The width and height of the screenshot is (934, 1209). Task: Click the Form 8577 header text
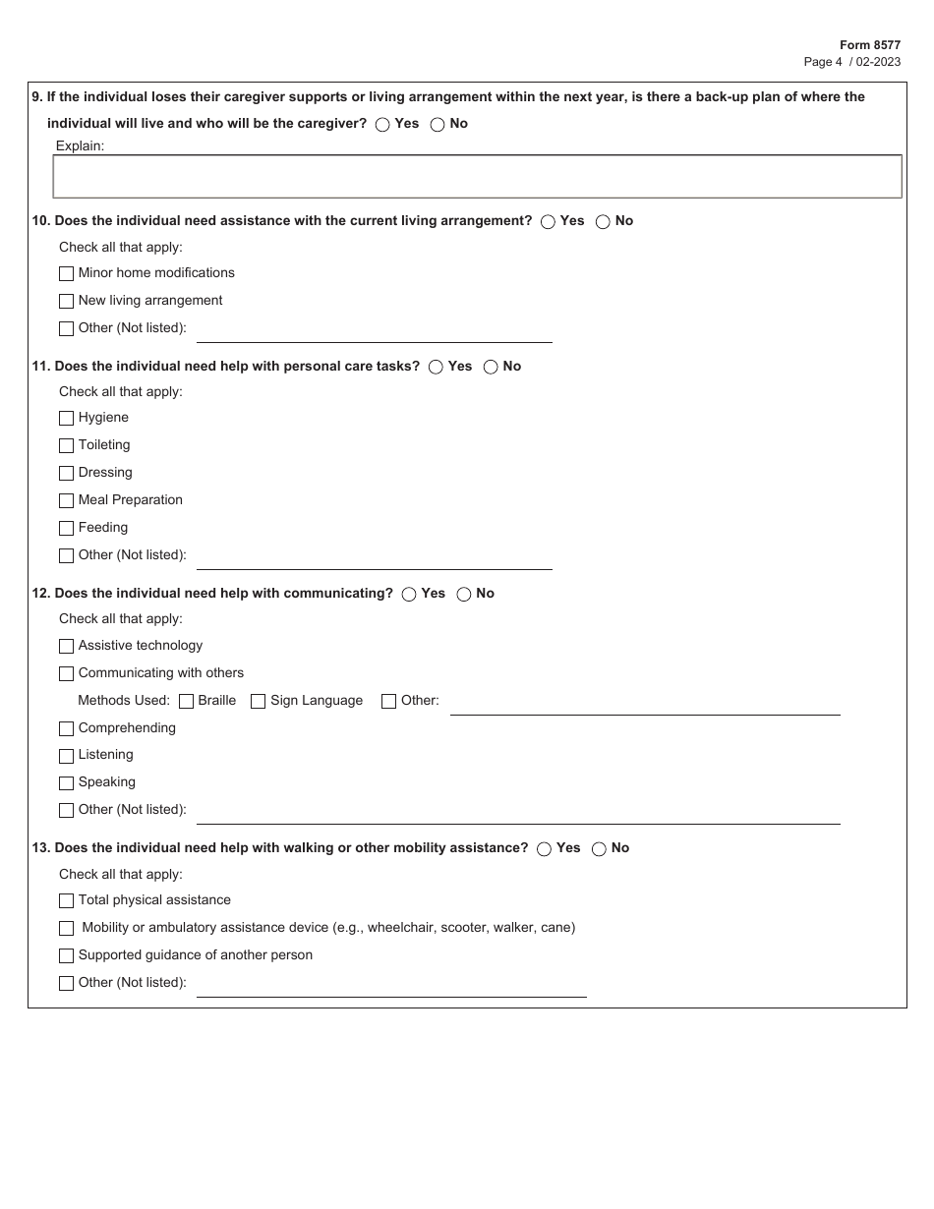click(869, 45)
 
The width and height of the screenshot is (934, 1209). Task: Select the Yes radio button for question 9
click(382, 125)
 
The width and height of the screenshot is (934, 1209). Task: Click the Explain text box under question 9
click(477, 177)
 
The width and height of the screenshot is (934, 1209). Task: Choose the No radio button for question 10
click(603, 222)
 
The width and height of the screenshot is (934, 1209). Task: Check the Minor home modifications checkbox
click(67, 274)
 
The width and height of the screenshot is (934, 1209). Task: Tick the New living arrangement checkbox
click(67, 302)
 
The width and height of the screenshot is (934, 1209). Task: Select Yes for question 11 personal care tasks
click(436, 368)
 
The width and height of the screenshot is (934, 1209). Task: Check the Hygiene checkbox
click(67, 419)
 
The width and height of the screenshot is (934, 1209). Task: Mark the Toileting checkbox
click(67, 446)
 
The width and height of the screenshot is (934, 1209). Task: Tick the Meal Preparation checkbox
click(67, 501)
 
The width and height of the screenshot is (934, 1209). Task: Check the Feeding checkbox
click(67, 529)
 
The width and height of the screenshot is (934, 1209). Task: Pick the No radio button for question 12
click(463, 595)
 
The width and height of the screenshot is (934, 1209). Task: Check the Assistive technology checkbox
click(67, 647)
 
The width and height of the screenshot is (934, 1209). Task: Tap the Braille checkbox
click(186, 702)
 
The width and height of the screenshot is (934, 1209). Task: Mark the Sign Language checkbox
click(259, 702)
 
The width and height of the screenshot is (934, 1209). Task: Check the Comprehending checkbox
click(67, 729)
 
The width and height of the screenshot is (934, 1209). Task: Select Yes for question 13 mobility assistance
click(544, 849)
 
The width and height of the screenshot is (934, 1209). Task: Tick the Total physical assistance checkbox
click(67, 901)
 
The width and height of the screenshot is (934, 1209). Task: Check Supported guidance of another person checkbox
click(67, 956)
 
